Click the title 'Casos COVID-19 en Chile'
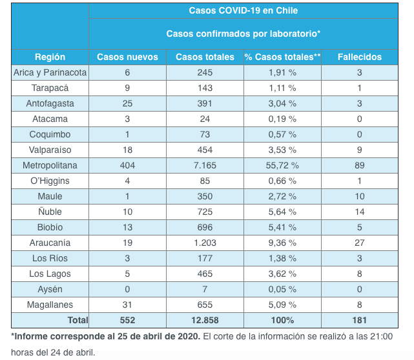[243, 11]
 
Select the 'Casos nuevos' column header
[127, 57]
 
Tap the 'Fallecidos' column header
[359, 57]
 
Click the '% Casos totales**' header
[282, 57]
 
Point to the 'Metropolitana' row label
[50, 165]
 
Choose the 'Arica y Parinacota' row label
[50, 72]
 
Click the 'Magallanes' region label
[50, 305]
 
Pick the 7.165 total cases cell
[205, 165]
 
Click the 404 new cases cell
[127, 165]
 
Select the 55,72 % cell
[282, 165]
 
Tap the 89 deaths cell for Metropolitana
[359, 165]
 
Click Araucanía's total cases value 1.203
[205, 243]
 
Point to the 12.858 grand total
[205, 320]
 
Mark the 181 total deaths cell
[359, 320]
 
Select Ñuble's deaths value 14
[359, 212]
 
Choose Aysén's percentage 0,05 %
[282, 289]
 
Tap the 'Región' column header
[50, 57]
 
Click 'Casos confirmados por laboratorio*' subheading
[243, 34]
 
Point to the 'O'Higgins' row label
[50, 181]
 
